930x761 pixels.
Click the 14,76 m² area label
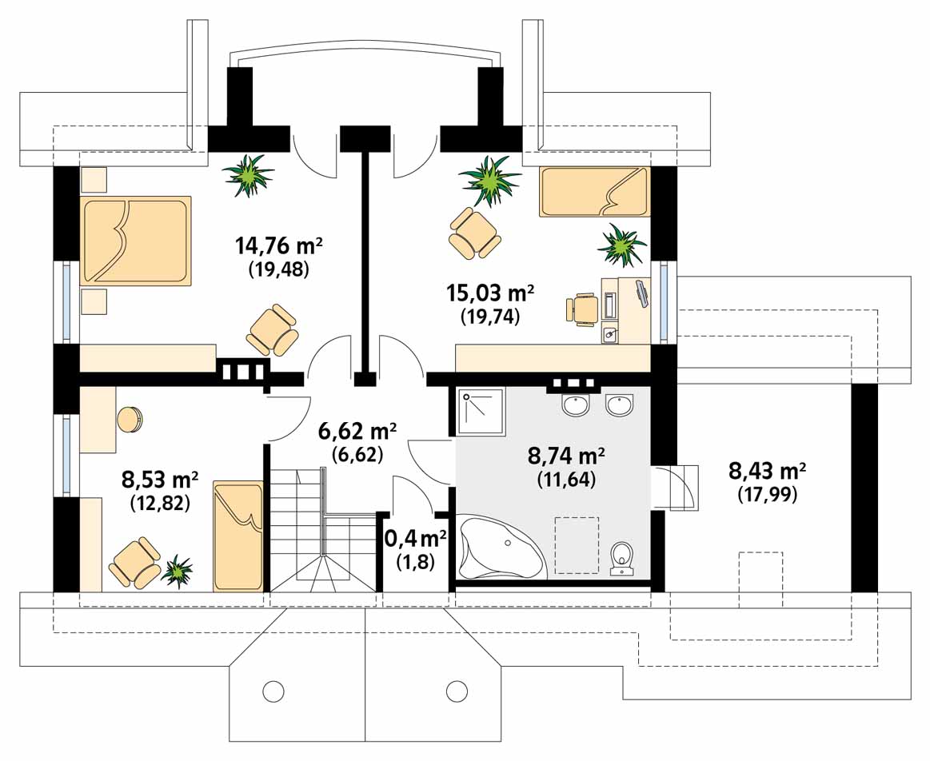coord(279,244)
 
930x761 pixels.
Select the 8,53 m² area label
coord(160,478)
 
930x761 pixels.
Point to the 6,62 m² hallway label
coord(357,432)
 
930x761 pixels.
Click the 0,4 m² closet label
coord(415,538)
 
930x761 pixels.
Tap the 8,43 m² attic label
coord(766,471)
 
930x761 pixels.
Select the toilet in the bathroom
coord(623,557)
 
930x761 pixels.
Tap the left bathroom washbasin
coord(575,404)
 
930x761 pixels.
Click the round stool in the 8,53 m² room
coord(130,420)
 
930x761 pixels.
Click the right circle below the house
coord(457,690)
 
